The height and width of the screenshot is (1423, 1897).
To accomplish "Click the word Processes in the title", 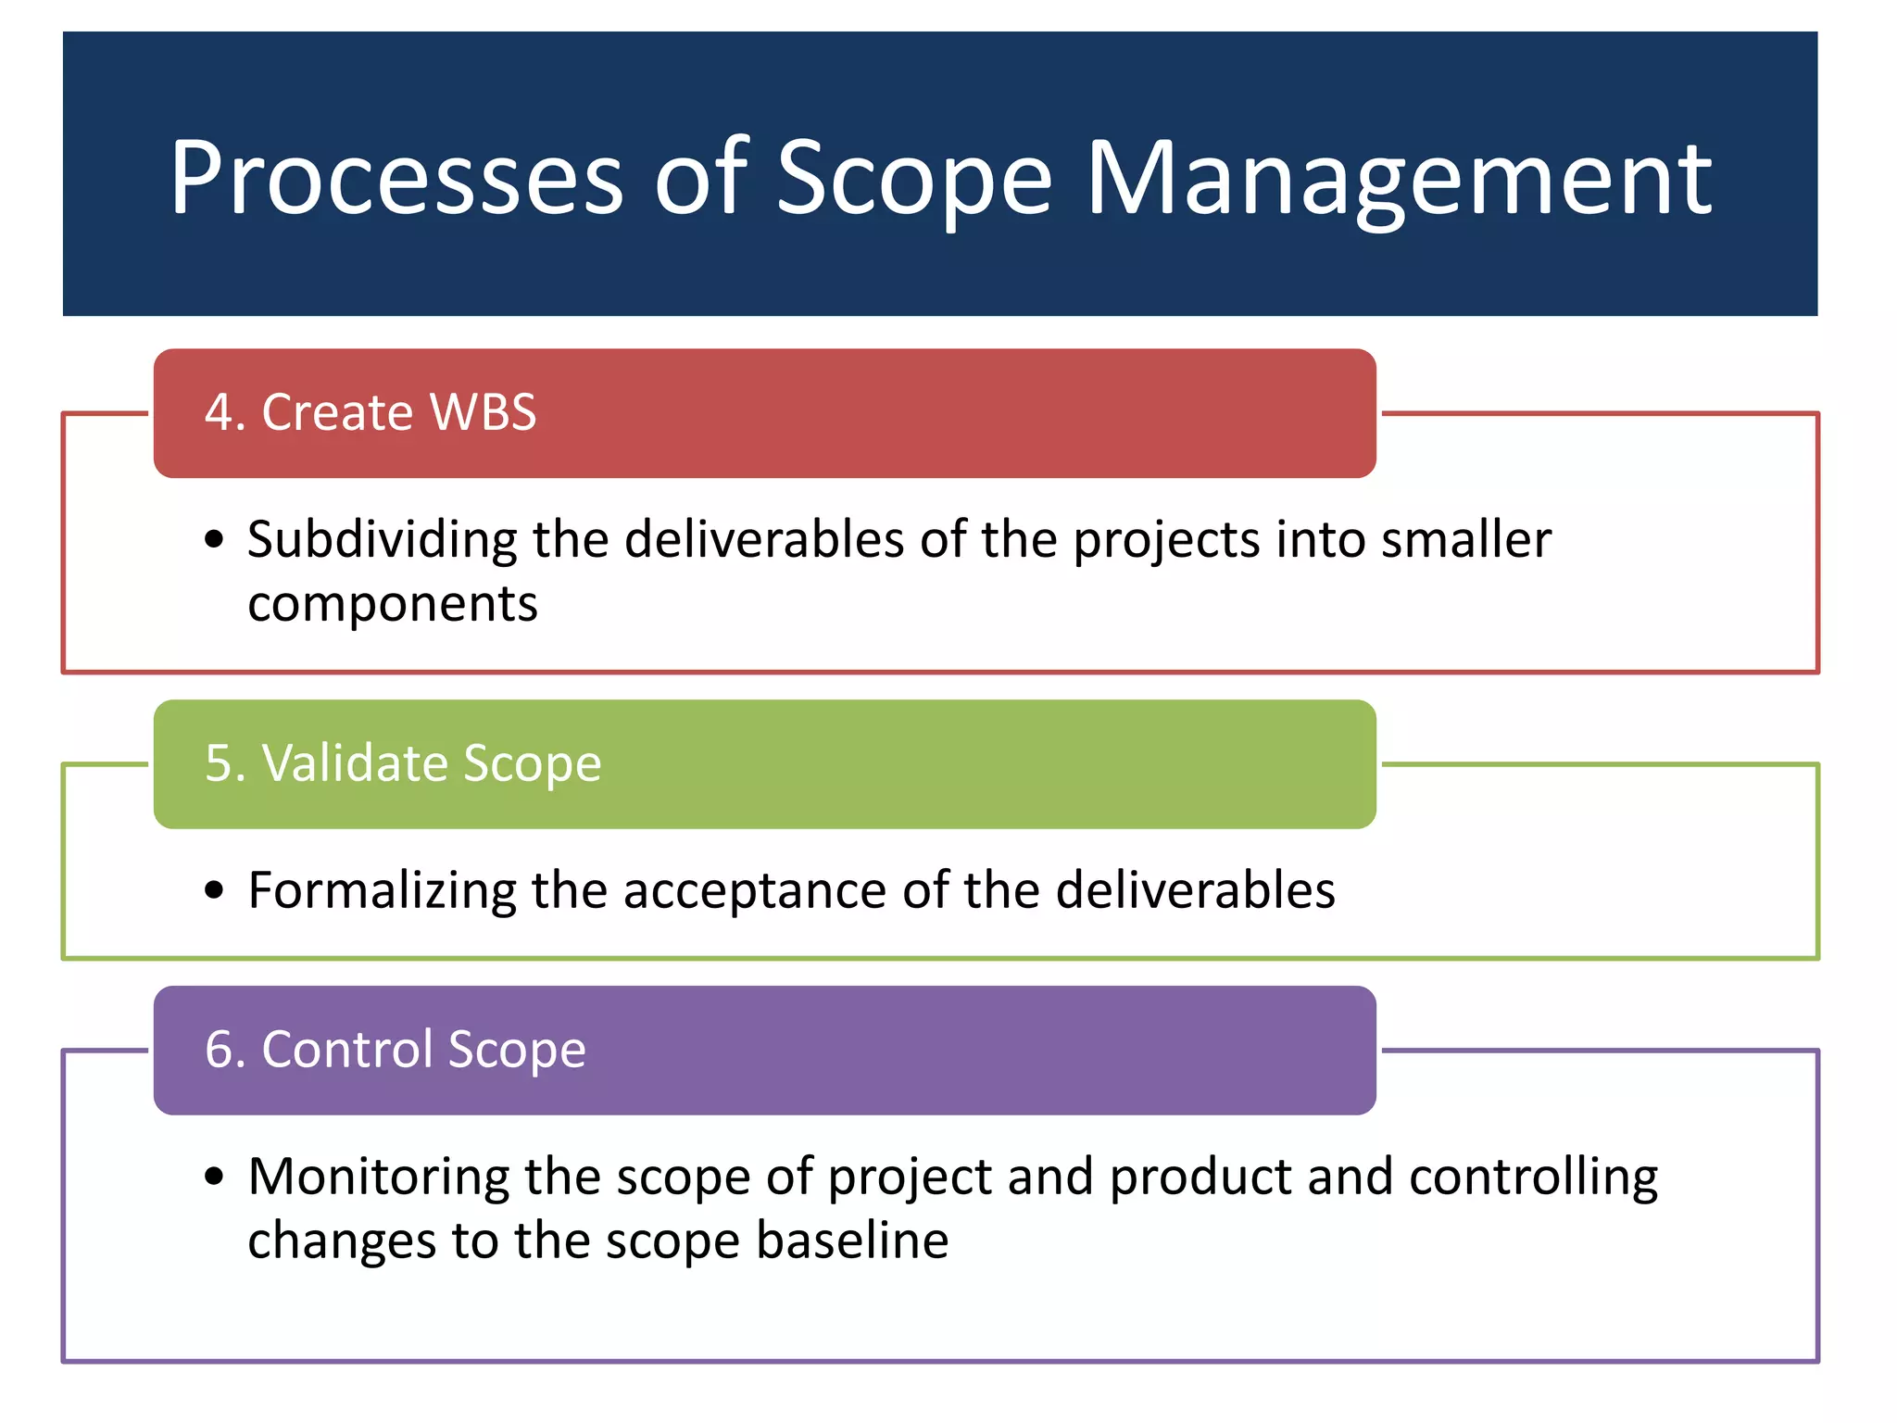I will coord(396,178).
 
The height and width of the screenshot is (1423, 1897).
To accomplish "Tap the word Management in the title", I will coord(1398,178).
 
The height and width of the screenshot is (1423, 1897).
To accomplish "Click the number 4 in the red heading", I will coord(219,412).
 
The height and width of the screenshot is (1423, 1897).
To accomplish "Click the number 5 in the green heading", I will coord(219,763).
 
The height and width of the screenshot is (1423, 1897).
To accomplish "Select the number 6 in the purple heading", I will coord(219,1050).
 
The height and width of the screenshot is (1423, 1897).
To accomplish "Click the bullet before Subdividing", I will coord(215,539).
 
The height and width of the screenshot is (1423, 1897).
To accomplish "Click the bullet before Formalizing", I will coord(215,890).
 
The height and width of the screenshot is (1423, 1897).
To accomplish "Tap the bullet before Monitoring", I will coord(215,1177).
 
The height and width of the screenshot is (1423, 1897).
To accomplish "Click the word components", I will coord(392,605).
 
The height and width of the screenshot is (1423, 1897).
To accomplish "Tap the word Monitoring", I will coord(378,1177).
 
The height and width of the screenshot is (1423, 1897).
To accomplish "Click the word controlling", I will coord(1533,1177).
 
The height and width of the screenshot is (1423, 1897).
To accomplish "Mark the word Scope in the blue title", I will coord(913,178).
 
